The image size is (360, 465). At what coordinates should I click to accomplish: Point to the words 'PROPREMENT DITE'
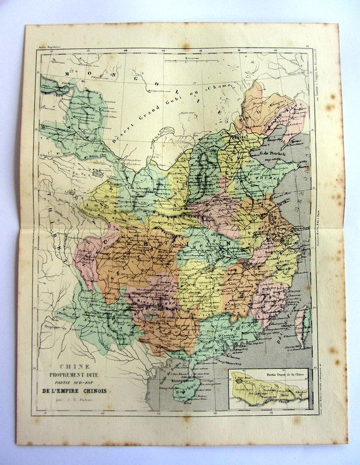coord(75,375)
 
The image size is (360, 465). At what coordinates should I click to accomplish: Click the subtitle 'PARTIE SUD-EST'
coord(75,382)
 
